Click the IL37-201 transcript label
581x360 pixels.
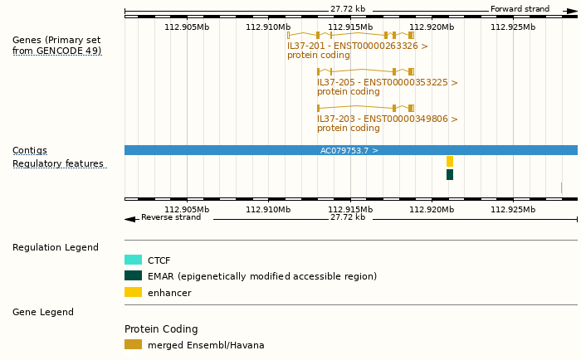pyautogui.click(x=358, y=46)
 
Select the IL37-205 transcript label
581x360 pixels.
pyautogui.click(x=387, y=83)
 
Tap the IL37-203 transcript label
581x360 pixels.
pyautogui.click(x=387, y=119)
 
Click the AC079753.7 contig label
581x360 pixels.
pyautogui.click(x=349, y=151)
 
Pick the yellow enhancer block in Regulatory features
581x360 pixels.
pyautogui.click(x=450, y=162)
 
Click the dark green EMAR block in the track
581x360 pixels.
pyautogui.click(x=450, y=175)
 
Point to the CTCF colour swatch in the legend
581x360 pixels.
pyautogui.click(x=133, y=260)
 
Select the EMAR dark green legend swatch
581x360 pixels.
pyautogui.click(x=133, y=276)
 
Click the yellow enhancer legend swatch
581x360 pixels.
pyautogui.click(x=133, y=293)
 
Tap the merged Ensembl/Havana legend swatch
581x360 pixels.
pyautogui.click(x=133, y=345)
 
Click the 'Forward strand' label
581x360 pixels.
pyautogui.click(x=520, y=9)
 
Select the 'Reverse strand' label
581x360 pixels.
pyautogui.click(x=171, y=217)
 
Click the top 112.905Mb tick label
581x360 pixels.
pyautogui.click(x=187, y=27)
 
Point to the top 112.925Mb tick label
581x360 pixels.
pyautogui.click(x=513, y=27)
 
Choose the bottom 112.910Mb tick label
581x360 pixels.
pyautogui.click(x=268, y=210)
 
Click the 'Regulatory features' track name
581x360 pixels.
pyautogui.click(x=58, y=164)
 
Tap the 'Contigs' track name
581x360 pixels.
pyautogui.click(x=30, y=151)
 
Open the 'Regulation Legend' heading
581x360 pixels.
pyautogui.click(x=56, y=248)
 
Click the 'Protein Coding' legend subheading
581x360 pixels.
pyautogui.click(x=161, y=329)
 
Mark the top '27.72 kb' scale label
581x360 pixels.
pyautogui.click(x=348, y=9)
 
